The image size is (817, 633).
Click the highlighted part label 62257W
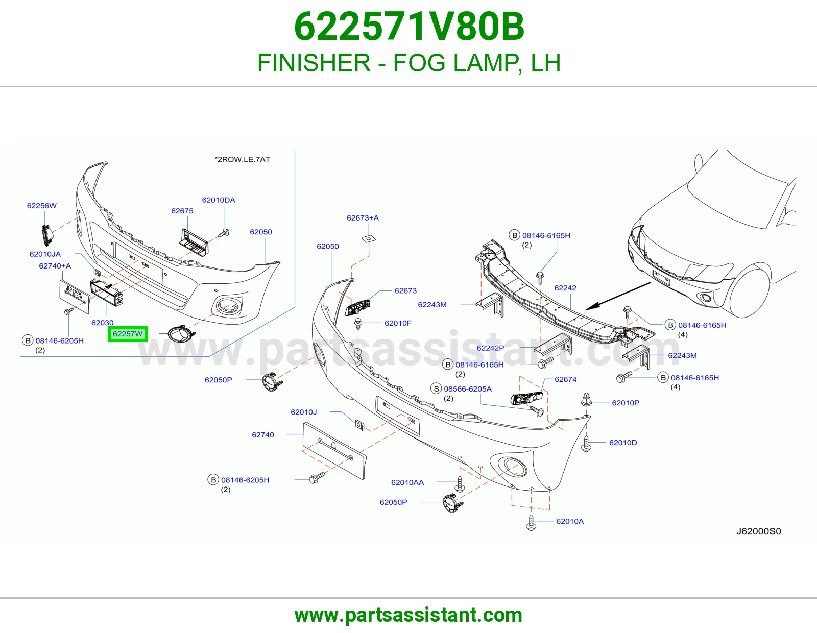(x=128, y=334)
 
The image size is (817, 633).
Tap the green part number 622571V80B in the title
(x=409, y=27)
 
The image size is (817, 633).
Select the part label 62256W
(x=42, y=206)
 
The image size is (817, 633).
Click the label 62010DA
(x=219, y=200)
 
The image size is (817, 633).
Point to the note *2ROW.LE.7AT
(x=242, y=159)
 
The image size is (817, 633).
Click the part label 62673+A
(x=363, y=218)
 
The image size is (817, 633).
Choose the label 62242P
(x=490, y=348)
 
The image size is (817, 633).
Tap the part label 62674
(x=565, y=379)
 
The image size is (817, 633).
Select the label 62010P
(x=626, y=403)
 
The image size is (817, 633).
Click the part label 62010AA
(x=407, y=482)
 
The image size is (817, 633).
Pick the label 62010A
(x=570, y=521)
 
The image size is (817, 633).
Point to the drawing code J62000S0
(x=758, y=531)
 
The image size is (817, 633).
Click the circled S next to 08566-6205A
(x=436, y=388)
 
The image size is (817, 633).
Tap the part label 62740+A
(x=55, y=266)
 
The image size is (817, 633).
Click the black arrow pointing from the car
(x=618, y=296)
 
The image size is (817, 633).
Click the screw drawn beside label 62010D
(x=586, y=444)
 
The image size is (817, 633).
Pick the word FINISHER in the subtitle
(x=314, y=63)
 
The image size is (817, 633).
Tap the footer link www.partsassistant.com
(x=408, y=615)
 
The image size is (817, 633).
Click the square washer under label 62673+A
(x=369, y=238)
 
